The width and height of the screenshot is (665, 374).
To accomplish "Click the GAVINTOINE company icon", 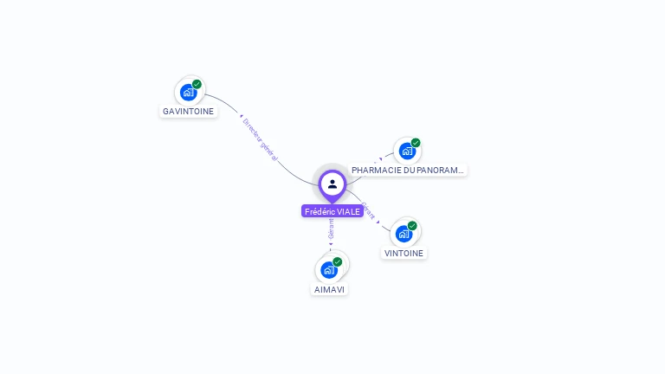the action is tap(188, 92).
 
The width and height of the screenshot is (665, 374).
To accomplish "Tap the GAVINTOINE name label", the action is tap(188, 112).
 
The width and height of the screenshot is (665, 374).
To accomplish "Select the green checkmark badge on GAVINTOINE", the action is tap(197, 84).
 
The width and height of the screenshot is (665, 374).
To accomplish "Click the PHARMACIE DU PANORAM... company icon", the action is tap(407, 151).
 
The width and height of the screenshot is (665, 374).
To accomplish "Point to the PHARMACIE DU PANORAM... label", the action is tap(408, 171).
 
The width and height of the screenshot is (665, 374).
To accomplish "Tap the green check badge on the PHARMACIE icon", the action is tap(416, 143).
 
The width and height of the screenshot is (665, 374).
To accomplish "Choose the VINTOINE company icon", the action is tap(404, 234).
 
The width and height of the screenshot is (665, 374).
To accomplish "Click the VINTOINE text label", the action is tap(404, 254).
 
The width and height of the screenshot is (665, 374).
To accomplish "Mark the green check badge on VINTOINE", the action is tap(412, 226).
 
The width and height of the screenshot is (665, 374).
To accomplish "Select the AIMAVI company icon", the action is tap(329, 269).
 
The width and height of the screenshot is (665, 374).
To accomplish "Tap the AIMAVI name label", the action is tap(329, 289).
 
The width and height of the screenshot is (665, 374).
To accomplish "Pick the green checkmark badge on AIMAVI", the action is tap(338, 261).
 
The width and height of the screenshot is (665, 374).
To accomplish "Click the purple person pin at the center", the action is tap(332, 184).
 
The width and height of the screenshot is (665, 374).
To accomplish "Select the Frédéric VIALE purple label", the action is tap(332, 211).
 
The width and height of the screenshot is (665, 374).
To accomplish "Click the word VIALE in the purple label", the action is tap(348, 211).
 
